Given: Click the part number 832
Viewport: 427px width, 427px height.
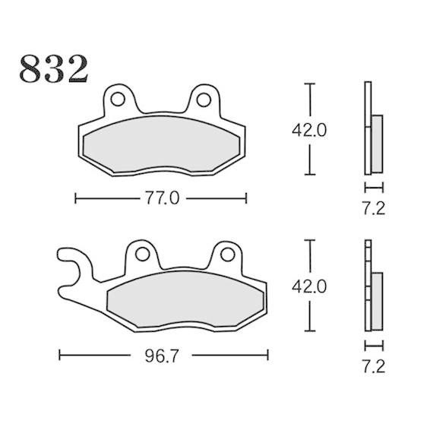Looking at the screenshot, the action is (x=54, y=68).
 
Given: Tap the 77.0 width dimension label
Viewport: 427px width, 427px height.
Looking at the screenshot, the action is (x=162, y=198).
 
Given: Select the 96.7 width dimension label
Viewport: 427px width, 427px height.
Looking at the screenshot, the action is (x=162, y=356).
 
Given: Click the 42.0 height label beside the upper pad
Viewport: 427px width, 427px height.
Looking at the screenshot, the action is (x=308, y=130).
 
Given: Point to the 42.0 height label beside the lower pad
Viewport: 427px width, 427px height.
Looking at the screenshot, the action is (x=308, y=286).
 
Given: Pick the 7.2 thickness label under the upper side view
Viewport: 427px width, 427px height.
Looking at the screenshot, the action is (x=373, y=209).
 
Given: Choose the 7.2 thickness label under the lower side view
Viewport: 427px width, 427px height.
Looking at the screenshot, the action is (x=373, y=366).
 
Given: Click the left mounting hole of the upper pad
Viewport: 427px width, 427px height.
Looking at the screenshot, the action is (x=118, y=100).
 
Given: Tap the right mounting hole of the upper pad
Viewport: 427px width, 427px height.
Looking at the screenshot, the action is (x=204, y=100).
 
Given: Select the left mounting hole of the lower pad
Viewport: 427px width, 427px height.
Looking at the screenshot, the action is (x=142, y=255).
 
